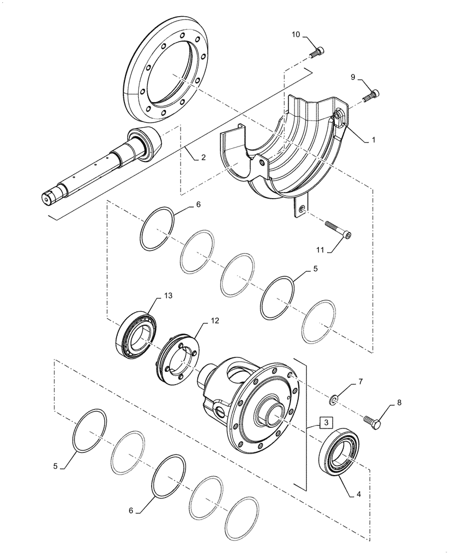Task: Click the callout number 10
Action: tap(296, 35)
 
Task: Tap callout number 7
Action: tap(360, 382)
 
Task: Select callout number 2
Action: tap(203, 158)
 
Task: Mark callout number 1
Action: tap(374, 140)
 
